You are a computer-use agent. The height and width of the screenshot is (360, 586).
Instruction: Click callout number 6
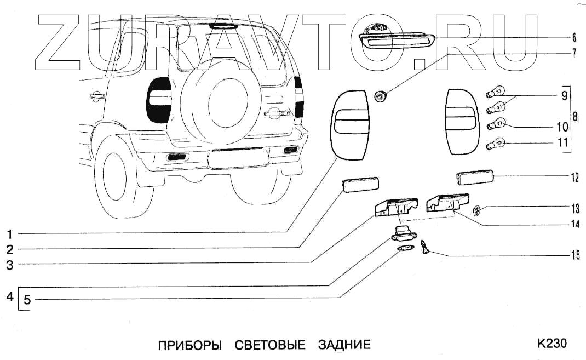[x=574, y=38]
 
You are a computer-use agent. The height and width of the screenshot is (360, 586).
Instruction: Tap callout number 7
[x=574, y=53]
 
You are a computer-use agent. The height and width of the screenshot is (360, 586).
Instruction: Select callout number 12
[x=574, y=178]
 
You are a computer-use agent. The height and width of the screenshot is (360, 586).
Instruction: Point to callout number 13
[x=574, y=208]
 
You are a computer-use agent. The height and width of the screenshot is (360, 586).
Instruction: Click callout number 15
[x=574, y=255]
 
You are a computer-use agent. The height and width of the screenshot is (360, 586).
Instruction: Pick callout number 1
[x=10, y=235]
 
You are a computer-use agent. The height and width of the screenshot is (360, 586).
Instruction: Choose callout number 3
[x=10, y=264]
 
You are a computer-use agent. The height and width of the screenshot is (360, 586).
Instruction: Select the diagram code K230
[x=551, y=344]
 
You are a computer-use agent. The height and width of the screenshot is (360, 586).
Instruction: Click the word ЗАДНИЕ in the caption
[x=344, y=345]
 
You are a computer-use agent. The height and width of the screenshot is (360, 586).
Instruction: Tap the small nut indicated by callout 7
[x=379, y=97]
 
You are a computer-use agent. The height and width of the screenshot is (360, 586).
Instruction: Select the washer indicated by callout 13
[x=476, y=209]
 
